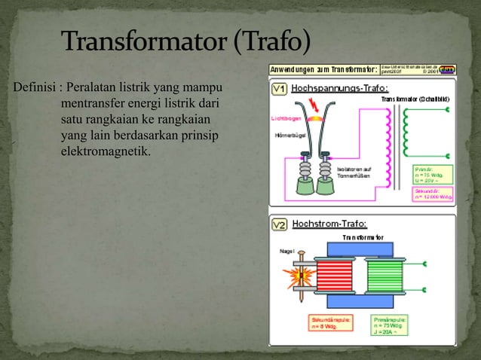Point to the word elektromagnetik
105,153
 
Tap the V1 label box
279,88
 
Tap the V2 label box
279,224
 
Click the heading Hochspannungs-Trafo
329,88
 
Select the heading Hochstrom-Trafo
329,224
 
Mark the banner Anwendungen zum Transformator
324,69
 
